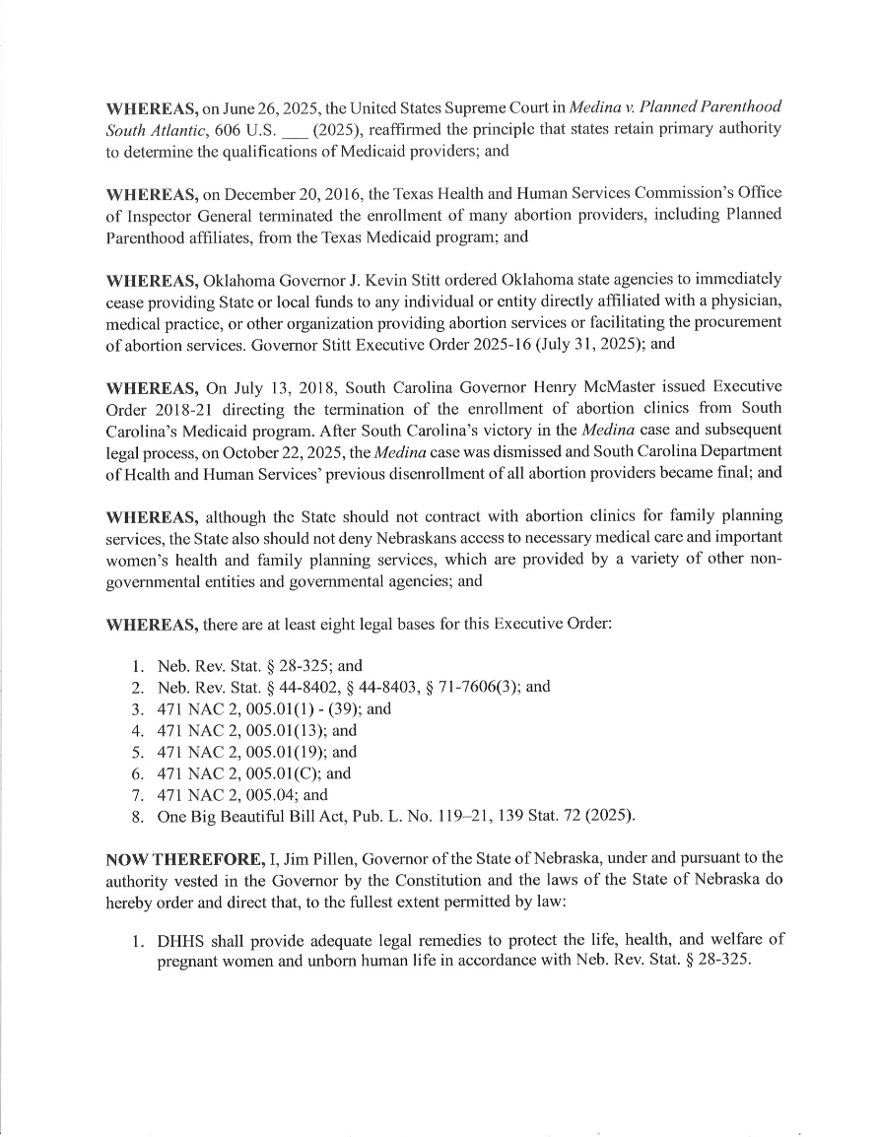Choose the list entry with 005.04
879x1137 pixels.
point(242,794)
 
